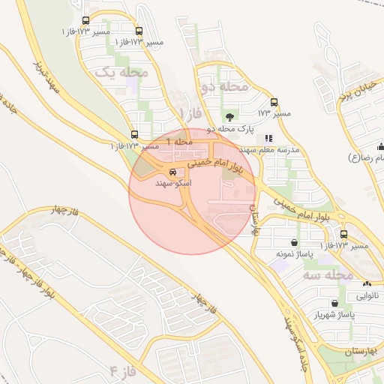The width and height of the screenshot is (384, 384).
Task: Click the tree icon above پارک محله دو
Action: point(229,116)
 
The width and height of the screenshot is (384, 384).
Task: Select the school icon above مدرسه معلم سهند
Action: point(268,138)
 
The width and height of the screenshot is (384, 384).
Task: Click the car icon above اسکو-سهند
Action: point(173,172)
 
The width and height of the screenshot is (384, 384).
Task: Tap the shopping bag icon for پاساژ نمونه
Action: point(292,242)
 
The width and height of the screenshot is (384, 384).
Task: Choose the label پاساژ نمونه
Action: point(293,254)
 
